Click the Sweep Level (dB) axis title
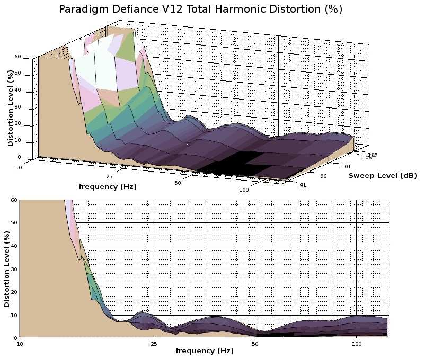point(382,175)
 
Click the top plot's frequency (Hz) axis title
point(103,186)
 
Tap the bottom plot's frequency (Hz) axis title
point(204,350)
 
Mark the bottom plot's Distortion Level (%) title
point(7,268)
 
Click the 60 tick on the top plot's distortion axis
point(17,57)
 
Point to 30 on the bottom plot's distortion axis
point(14,269)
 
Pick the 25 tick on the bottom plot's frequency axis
point(154,344)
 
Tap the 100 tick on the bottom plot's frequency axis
point(357,344)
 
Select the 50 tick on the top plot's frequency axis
point(178,183)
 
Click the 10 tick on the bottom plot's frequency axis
point(20,344)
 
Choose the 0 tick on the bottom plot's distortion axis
point(16,338)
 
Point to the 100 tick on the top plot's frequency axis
point(244,190)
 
